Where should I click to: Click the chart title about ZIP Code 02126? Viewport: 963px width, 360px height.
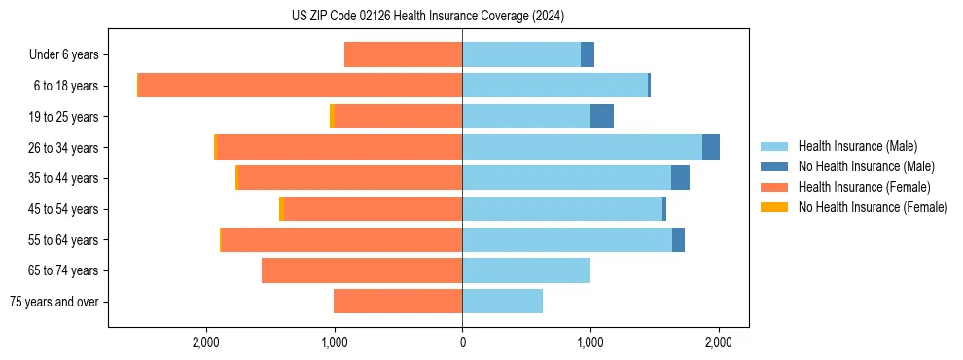pos(428,16)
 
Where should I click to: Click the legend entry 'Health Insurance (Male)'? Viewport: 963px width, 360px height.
pos(857,146)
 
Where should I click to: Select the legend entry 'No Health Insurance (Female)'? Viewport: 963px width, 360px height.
pos(872,207)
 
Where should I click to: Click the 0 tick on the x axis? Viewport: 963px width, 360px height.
pos(462,342)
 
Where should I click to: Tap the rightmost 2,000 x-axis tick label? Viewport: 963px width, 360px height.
pos(718,342)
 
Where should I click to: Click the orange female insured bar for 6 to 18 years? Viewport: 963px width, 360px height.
pos(300,86)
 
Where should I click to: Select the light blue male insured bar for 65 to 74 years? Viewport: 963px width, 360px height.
pos(526,270)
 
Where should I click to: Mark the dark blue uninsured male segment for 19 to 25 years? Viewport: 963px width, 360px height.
pos(602,117)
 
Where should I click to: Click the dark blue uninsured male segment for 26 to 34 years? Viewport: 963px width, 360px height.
pos(711,147)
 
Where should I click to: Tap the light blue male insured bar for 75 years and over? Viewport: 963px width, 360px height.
pos(502,302)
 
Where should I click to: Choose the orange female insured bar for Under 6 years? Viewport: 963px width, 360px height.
pos(404,55)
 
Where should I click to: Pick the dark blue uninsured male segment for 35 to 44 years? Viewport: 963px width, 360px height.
pos(680,178)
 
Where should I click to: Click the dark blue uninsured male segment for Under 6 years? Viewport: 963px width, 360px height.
pos(588,55)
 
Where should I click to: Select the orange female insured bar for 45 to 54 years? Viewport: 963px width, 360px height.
pos(373,209)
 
